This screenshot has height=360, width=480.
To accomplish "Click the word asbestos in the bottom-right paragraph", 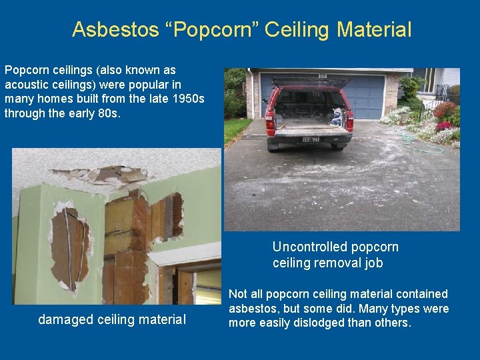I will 256,308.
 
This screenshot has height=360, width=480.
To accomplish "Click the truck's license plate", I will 311,139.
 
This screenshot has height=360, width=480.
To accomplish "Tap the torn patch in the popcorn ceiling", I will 110,175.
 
